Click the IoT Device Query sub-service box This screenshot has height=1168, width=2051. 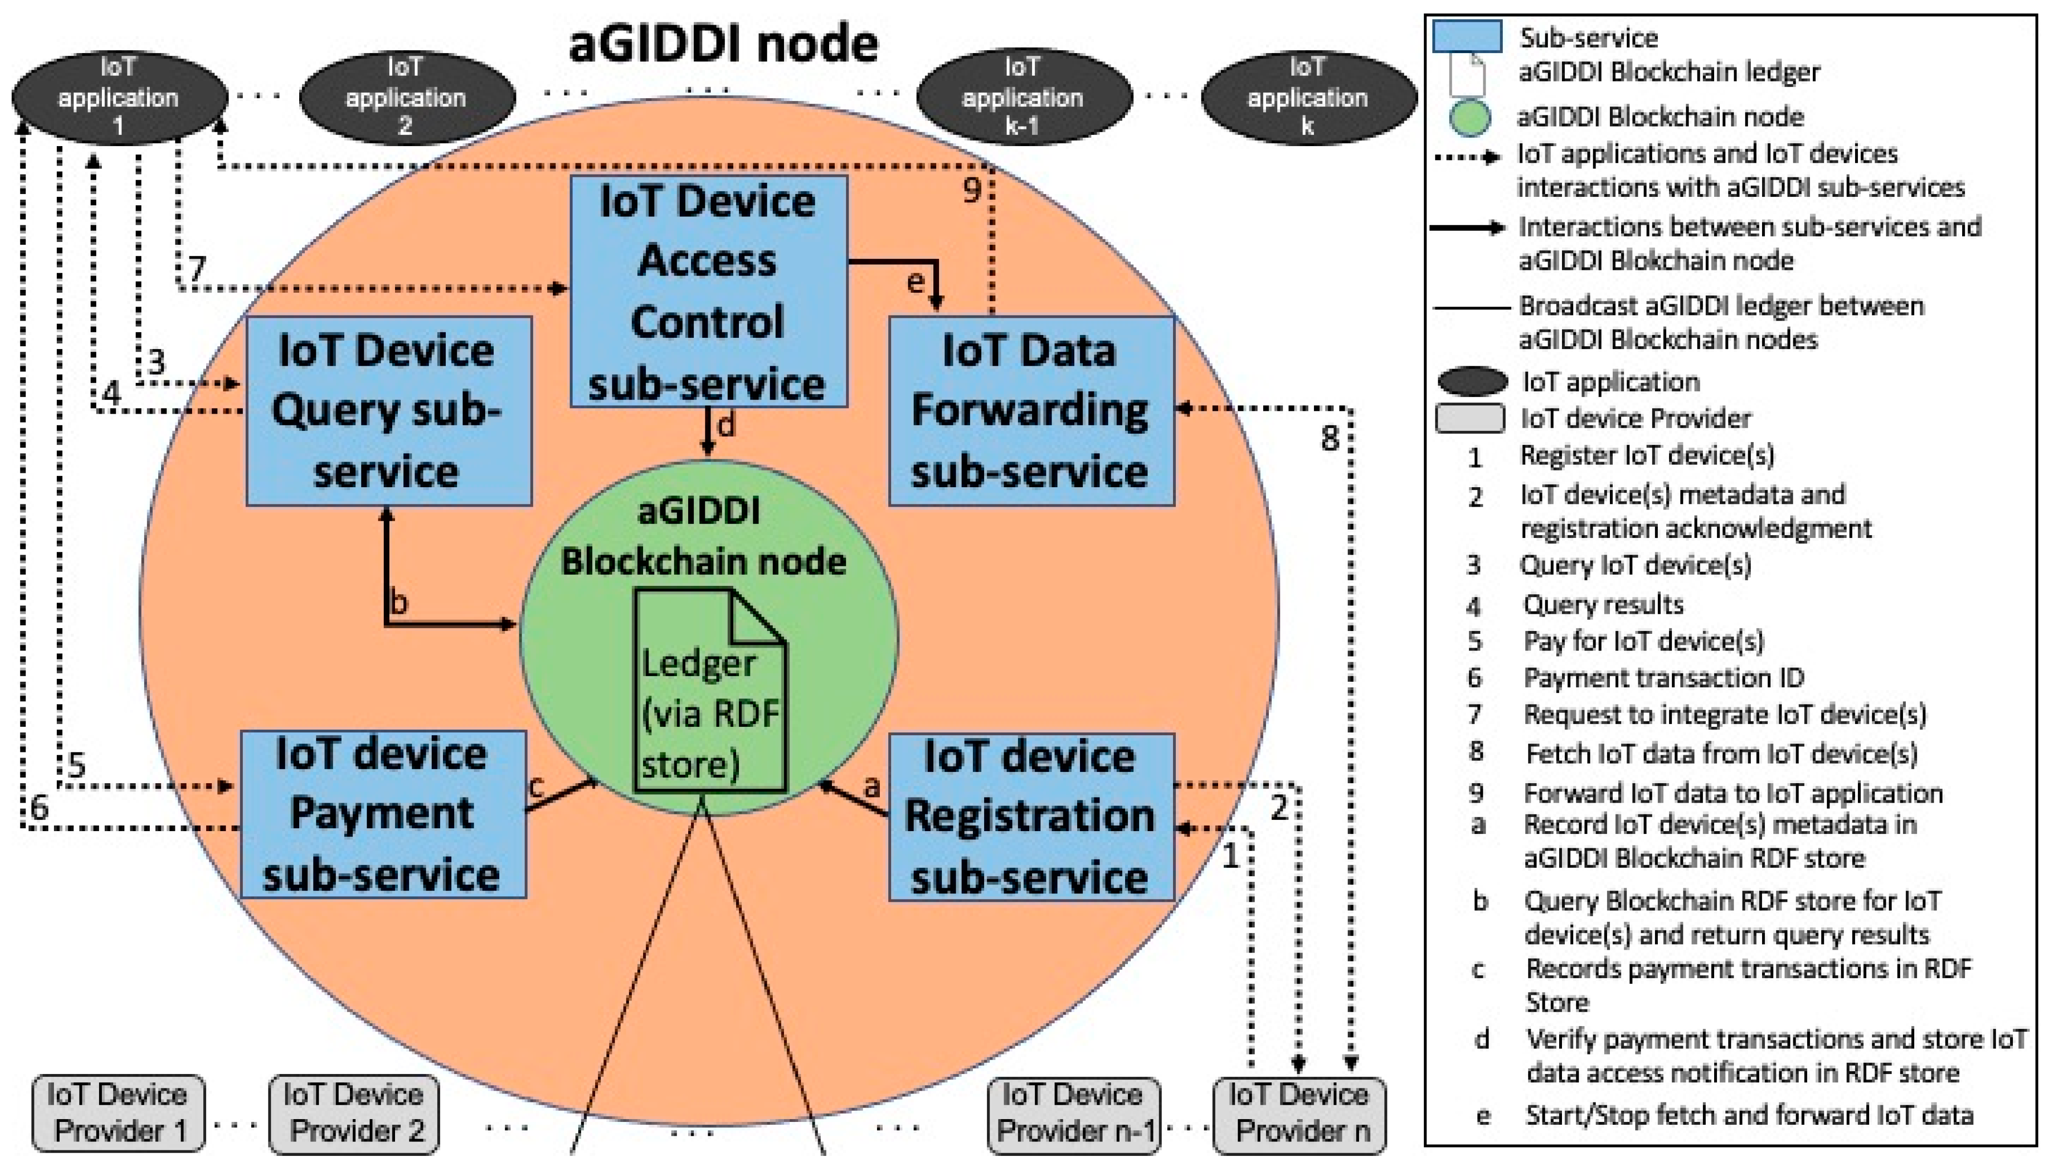click(x=388, y=411)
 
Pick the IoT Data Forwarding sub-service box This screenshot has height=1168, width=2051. click(x=1031, y=411)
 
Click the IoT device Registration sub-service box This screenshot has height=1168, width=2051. click(x=1031, y=817)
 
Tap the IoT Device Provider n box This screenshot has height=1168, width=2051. click(x=1299, y=1114)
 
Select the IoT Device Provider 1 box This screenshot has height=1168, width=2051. click(x=118, y=1114)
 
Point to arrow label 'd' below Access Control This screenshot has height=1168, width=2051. click(x=726, y=425)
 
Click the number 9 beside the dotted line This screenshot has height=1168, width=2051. click(x=972, y=190)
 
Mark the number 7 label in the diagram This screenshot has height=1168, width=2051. click(x=196, y=268)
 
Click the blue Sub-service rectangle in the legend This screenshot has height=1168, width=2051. click(x=1467, y=37)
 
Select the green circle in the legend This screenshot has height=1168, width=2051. click(x=1469, y=117)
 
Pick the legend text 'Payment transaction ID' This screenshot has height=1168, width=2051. click(x=1663, y=678)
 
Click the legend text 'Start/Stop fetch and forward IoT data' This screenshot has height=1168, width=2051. click(x=1749, y=1115)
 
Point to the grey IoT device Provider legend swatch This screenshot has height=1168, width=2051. click(x=1469, y=418)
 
